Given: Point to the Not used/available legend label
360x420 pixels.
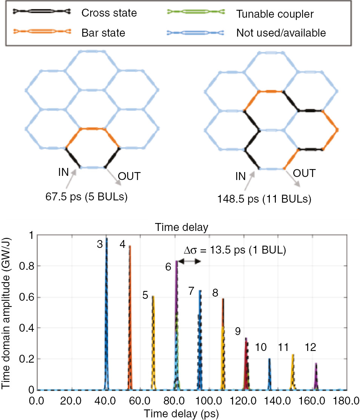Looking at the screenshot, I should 281,33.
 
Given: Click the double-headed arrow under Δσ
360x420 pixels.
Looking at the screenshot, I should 189,261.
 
